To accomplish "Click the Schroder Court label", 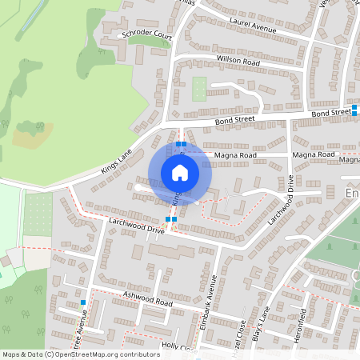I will click(x=147, y=35).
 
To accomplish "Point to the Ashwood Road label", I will click(x=148, y=303).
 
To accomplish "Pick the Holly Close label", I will click(x=178, y=347).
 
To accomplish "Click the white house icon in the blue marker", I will click(x=180, y=173).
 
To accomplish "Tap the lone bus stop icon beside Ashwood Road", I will click(x=83, y=302).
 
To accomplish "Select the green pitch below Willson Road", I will click(x=199, y=89).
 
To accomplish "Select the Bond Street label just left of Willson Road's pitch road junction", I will click(x=234, y=120).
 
